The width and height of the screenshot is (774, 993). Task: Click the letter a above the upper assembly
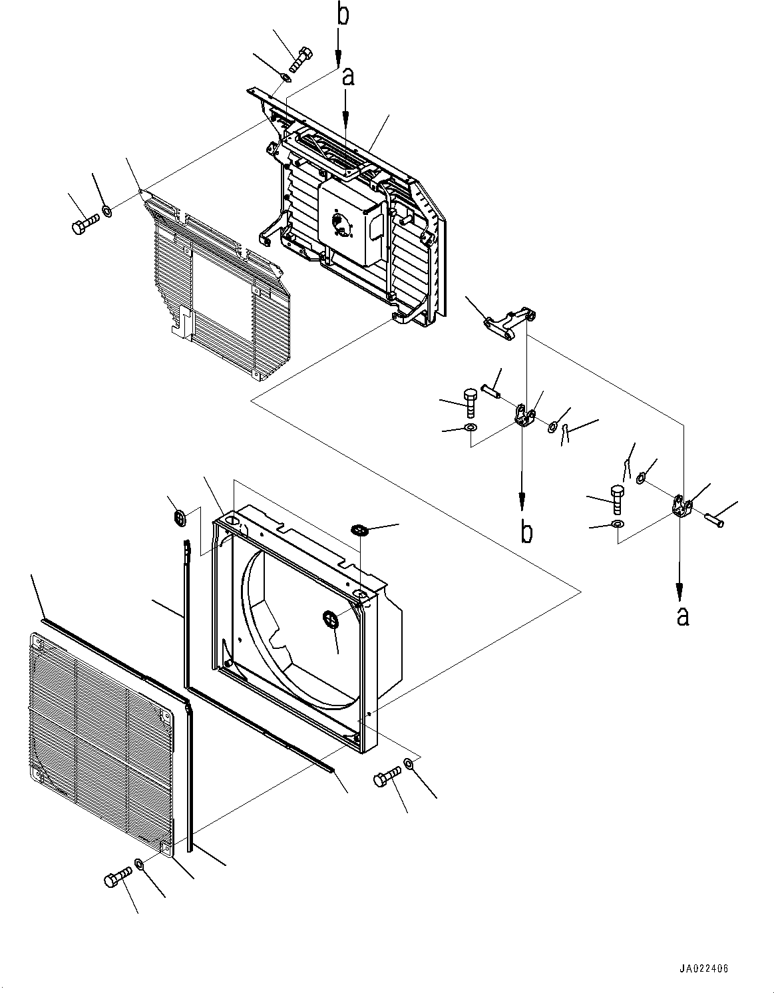click(347, 77)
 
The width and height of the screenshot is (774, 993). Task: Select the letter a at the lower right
click(683, 616)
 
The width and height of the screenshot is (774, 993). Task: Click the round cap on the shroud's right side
click(331, 619)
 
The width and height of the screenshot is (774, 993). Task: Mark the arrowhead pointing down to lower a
click(679, 590)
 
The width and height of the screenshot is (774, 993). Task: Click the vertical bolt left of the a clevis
click(616, 498)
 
